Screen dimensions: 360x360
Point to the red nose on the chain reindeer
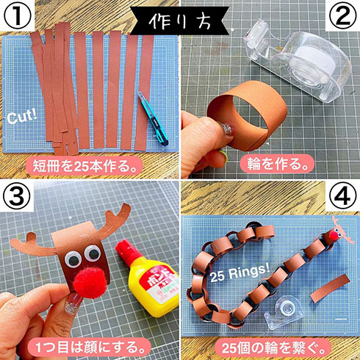(331, 236)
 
